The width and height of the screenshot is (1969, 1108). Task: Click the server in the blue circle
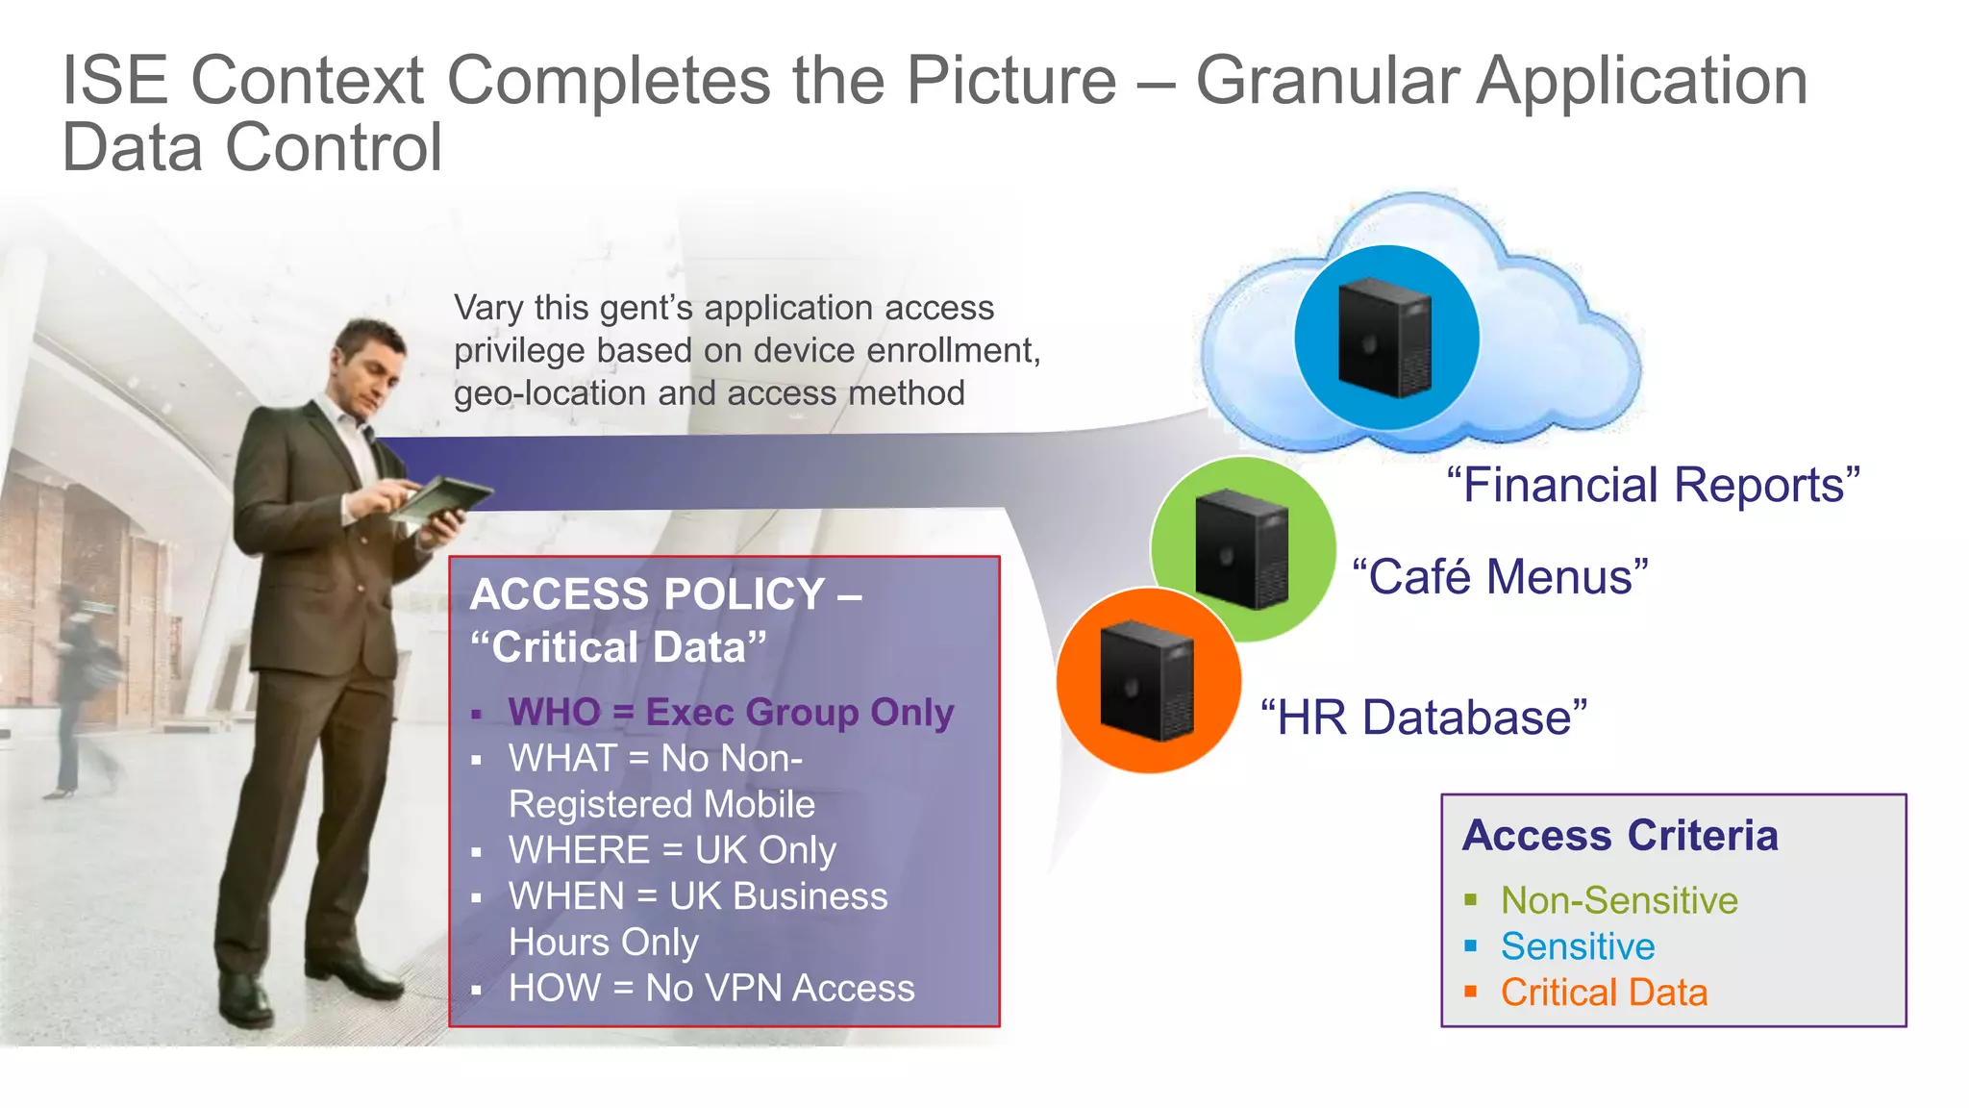(1385, 338)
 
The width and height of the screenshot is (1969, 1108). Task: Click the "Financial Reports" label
(1653, 485)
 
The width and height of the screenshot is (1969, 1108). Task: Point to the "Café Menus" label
(1500, 577)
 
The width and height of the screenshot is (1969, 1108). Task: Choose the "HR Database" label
(1423, 718)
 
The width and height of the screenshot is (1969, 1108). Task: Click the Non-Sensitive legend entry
(1619, 900)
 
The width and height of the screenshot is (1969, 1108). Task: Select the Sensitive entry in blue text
(1578, 946)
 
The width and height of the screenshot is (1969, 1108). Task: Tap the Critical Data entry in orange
(1604, 993)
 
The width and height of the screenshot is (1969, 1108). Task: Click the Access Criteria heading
(1620, 835)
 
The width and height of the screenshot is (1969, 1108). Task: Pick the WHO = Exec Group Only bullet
(731, 713)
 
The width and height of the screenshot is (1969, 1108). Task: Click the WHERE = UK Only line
(672, 850)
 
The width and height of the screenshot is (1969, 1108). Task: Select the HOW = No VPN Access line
(711, 989)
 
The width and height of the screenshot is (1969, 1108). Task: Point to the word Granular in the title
(1328, 81)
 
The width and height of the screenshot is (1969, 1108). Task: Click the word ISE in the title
(114, 81)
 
